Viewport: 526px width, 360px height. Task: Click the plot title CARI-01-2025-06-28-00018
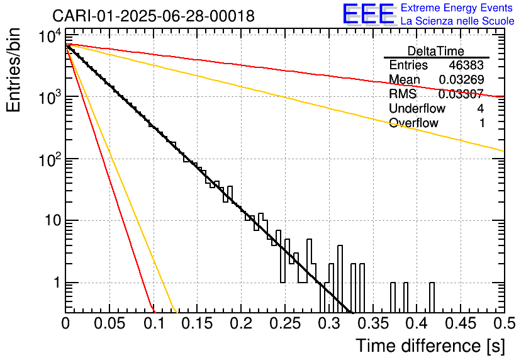tap(154, 16)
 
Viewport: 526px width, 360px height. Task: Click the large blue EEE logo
tap(368, 14)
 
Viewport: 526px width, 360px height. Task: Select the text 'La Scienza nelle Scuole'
tap(457, 21)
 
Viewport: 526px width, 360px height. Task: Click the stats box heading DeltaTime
tap(436, 51)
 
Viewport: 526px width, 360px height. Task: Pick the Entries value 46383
tap(466, 65)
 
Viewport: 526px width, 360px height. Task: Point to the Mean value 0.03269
tap(461, 80)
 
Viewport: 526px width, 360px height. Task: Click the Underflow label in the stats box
tap(417, 109)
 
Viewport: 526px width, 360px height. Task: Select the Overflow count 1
tap(482, 123)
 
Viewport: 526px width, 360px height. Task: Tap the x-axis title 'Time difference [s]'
tap(429, 346)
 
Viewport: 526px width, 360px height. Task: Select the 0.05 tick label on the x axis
tap(109, 325)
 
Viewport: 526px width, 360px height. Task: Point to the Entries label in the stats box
tap(408, 65)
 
